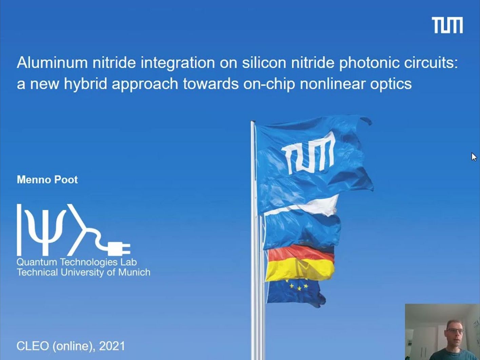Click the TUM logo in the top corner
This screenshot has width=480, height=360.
(x=447, y=25)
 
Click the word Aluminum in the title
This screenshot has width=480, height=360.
(x=52, y=63)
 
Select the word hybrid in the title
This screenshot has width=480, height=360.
(x=85, y=84)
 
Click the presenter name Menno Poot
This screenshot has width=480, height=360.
(x=47, y=180)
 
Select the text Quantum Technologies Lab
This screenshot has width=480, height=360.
(x=77, y=262)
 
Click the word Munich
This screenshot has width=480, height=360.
(x=134, y=272)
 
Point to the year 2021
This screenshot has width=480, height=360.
(x=112, y=346)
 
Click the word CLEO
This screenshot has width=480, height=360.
(x=33, y=346)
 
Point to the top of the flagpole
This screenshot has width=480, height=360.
(x=253, y=122)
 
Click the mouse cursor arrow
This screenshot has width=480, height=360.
(x=474, y=157)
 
